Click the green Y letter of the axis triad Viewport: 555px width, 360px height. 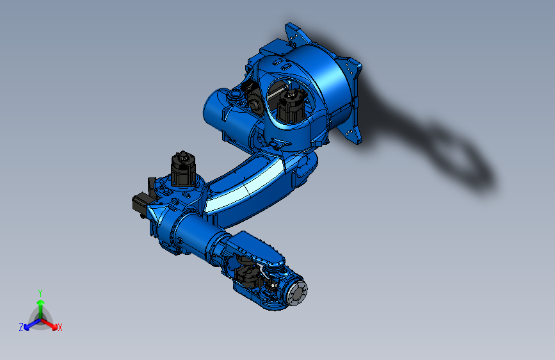point(40,292)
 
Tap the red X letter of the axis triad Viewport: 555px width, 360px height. point(60,327)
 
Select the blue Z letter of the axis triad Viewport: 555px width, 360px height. point(21,327)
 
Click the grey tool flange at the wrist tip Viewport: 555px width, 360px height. point(297,295)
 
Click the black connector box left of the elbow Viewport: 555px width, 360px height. point(140,204)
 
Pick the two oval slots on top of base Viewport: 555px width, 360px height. point(277,62)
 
